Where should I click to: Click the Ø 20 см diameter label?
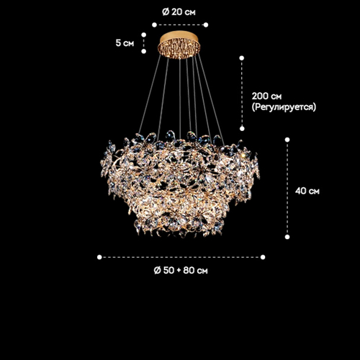pos(179,12)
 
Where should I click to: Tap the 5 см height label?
pos(125,43)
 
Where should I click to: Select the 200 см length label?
pos(266,96)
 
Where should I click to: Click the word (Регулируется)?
pos(284,107)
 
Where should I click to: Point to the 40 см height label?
pos(307,191)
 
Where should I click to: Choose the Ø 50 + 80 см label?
pos(181,270)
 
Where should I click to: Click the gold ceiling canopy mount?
pos(179,45)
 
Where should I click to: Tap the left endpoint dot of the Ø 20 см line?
pos(154,24)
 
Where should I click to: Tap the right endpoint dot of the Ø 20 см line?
pos(206,24)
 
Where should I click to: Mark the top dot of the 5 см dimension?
pos(144,35)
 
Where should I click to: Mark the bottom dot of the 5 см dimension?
pos(144,51)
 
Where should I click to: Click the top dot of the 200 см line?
pos(242,58)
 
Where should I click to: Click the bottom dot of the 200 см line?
pos(242,129)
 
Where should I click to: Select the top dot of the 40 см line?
pos(287,140)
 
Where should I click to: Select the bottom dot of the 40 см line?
pos(287,237)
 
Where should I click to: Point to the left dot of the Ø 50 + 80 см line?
pos(99,257)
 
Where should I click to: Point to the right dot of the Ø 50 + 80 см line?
pos(263,257)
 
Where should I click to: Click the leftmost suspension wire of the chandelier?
pos(150,94)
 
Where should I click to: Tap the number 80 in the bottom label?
pos(189,270)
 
